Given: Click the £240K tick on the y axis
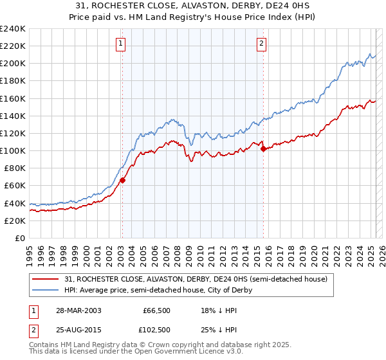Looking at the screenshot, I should [x=13, y=29].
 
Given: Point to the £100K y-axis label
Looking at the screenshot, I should [x=13, y=150].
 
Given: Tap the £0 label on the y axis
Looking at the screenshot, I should [x=20, y=238].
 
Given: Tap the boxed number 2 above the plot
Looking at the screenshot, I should [x=262, y=44].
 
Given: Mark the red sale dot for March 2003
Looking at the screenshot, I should [x=122, y=180].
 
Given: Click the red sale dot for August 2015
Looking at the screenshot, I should [x=263, y=148].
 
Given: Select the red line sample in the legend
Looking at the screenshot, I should [x=46, y=279].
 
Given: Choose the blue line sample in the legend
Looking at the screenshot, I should [x=46, y=290].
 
